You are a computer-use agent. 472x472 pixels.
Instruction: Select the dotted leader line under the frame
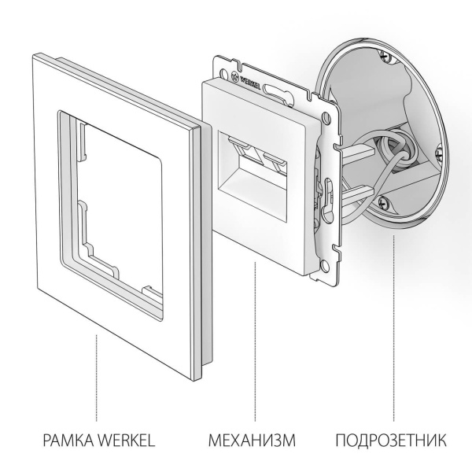pyautogui.click(x=97, y=378)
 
